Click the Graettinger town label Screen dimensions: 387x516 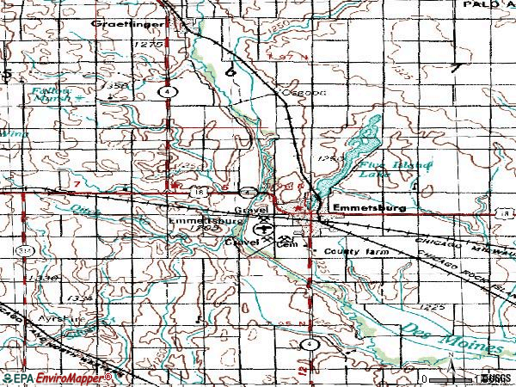(122, 24)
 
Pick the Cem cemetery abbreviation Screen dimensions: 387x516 (286, 244)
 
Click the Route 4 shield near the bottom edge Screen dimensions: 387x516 (308, 344)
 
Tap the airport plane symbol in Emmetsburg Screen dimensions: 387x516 (260, 228)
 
